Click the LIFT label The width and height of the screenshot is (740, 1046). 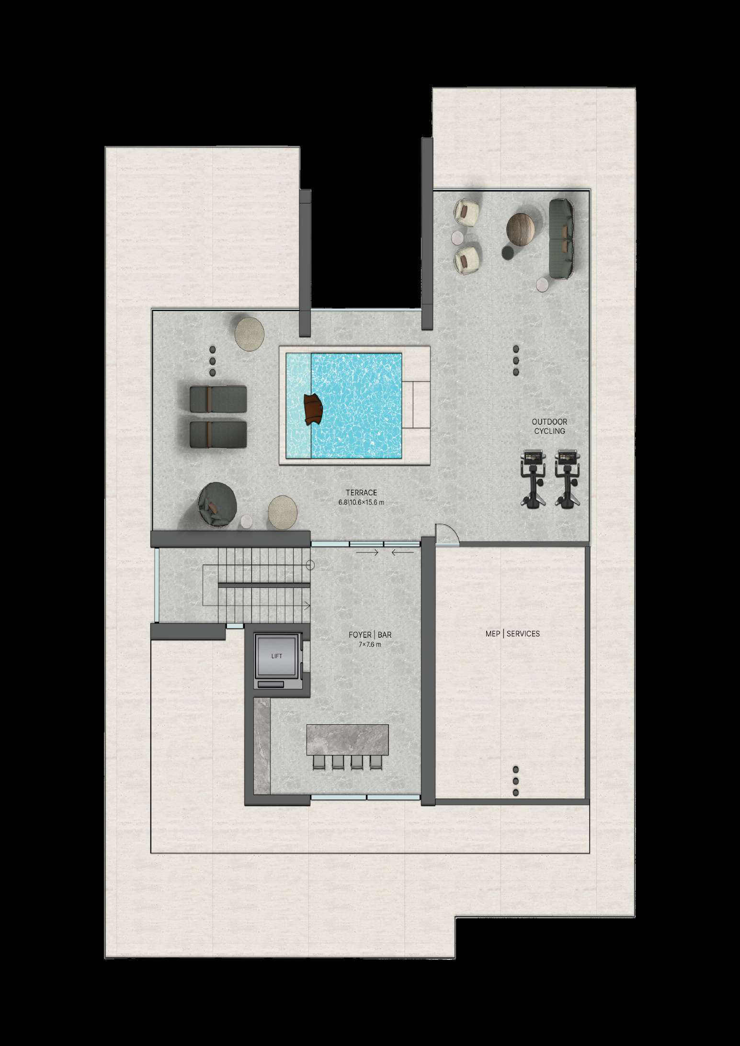pos(276,656)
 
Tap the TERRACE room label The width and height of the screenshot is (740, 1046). pos(361,493)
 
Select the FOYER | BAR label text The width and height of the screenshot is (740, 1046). pos(370,635)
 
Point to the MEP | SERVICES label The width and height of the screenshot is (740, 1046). pos(512,633)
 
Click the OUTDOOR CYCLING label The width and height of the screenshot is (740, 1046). pos(549,426)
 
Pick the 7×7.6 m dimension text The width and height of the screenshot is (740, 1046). pos(370,645)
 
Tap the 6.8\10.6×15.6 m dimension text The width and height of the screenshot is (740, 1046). pos(361,503)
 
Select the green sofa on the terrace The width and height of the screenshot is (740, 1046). pos(561,239)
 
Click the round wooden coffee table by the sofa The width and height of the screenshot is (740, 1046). pos(521,229)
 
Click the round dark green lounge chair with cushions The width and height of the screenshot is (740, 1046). pos(217,505)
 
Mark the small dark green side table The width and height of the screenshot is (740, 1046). pos(508,252)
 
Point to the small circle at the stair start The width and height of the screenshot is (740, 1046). pos(310,565)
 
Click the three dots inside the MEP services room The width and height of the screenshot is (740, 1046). pos(515,781)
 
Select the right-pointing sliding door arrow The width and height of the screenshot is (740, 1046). pos(367,552)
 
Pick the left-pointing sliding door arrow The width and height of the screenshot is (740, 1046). pos(403,552)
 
